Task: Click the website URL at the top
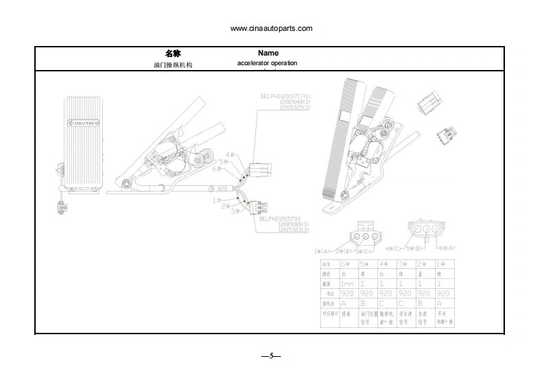click(x=271, y=28)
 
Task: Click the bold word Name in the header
click(x=268, y=53)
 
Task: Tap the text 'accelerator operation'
click(x=268, y=63)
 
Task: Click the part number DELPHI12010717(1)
click(x=285, y=95)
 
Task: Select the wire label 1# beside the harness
click(x=217, y=200)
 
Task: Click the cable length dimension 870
click(x=222, y=189)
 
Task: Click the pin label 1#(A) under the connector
click(x=322, y=250)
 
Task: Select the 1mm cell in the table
click(x=348, y=283)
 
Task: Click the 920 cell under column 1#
click(x=442, y=293)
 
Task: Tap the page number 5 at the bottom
click(x=272, y=355)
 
